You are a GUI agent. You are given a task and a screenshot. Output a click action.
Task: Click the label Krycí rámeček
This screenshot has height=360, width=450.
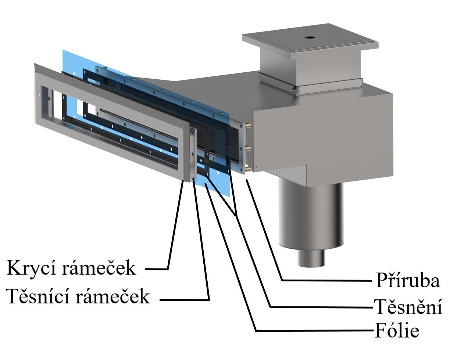[x=71, y=268]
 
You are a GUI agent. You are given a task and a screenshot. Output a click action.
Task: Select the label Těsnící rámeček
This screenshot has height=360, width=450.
[x=78, y=296]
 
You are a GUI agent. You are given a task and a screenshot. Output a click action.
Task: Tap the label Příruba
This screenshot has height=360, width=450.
[x=407, y=281]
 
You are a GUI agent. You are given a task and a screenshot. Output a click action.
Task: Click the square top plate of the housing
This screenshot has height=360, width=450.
[x=310, y=40]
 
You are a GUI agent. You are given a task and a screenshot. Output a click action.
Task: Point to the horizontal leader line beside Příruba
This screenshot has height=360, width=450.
[x=325, y=280]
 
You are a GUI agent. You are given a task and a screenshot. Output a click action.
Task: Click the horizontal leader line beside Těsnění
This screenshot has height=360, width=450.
[x=320, y=307]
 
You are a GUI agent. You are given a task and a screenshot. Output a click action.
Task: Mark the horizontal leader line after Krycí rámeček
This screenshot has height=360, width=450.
[x=156, y=269]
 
